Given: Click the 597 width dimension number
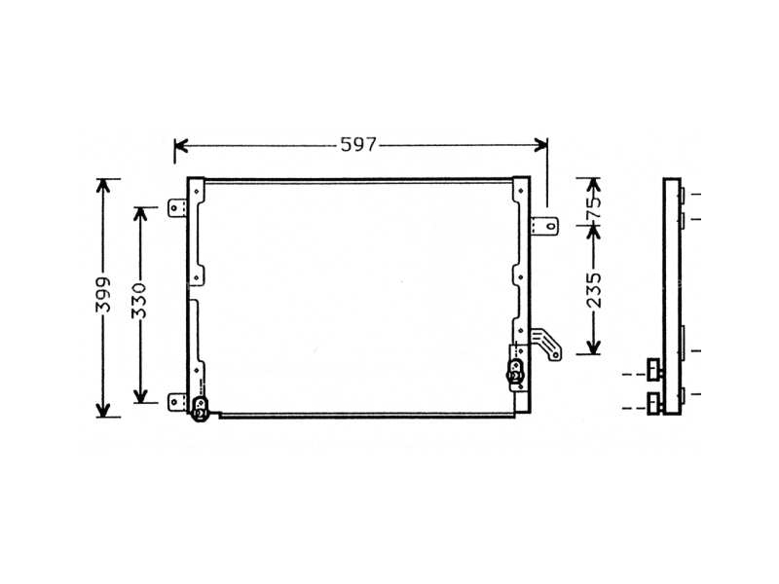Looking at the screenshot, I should pyautogui.click(x=358, y=146).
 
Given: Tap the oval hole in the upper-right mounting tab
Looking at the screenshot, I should pyautogui.click(x=551, y=227).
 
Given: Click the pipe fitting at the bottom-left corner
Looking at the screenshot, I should pyautogui.click(x=200, y=410).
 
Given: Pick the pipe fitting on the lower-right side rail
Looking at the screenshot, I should pyautogui.click(x=515, y=369).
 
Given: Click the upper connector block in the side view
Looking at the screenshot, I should pyautogui.click(x=651, y=370).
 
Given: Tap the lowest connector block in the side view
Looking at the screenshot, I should pyautogui.click(x=651, y=401).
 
